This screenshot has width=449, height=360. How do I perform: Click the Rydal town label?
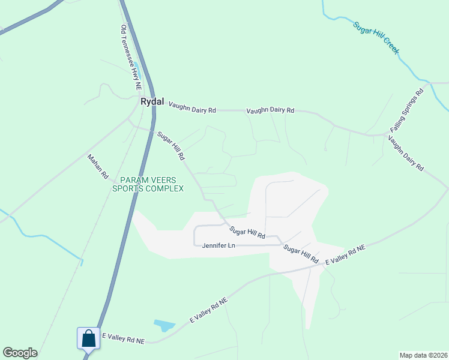[152, 102]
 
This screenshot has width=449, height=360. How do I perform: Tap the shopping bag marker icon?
[89, 338]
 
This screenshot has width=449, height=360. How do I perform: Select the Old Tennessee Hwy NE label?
[130, 53]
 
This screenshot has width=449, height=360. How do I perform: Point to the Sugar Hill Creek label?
[376, 38]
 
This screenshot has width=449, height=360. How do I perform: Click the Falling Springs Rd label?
[407, 111]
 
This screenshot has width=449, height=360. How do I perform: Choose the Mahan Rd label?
[97, 167]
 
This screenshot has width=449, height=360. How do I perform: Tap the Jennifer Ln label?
[218, 245]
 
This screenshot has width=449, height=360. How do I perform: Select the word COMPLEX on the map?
[163, 188]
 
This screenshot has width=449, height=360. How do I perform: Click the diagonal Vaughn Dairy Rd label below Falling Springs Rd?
[405, 154]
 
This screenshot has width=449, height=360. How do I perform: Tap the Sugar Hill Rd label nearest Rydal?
[170, 146]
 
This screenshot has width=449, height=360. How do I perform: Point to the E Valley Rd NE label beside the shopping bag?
[124, 339]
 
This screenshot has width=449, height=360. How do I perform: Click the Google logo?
[20, 353]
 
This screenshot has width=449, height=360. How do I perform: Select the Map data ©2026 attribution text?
[423, 355]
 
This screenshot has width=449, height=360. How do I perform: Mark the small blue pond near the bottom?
[164, 326]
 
